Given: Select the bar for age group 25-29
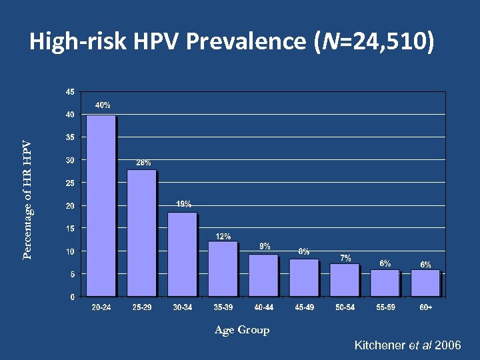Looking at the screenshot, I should click(x=141, y=233).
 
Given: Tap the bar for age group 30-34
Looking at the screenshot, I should click(x=182, y=254).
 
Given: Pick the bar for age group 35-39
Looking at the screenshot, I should click(x=223, y=269).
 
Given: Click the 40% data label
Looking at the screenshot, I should click(x=103, y=105).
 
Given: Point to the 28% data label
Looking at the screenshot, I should click(x=144, y=162).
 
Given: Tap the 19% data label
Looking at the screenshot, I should click(x=184, y=204).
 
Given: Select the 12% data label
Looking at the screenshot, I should click(x=223, y=236).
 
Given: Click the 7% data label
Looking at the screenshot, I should click(x=345, y=258).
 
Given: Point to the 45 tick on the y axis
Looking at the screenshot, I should click(x=70, y=92).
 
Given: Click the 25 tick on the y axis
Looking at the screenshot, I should click(x=70, y=183).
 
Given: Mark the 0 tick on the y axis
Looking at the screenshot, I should click(x=72, y=297).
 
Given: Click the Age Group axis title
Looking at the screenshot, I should click(x=242, y=330).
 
